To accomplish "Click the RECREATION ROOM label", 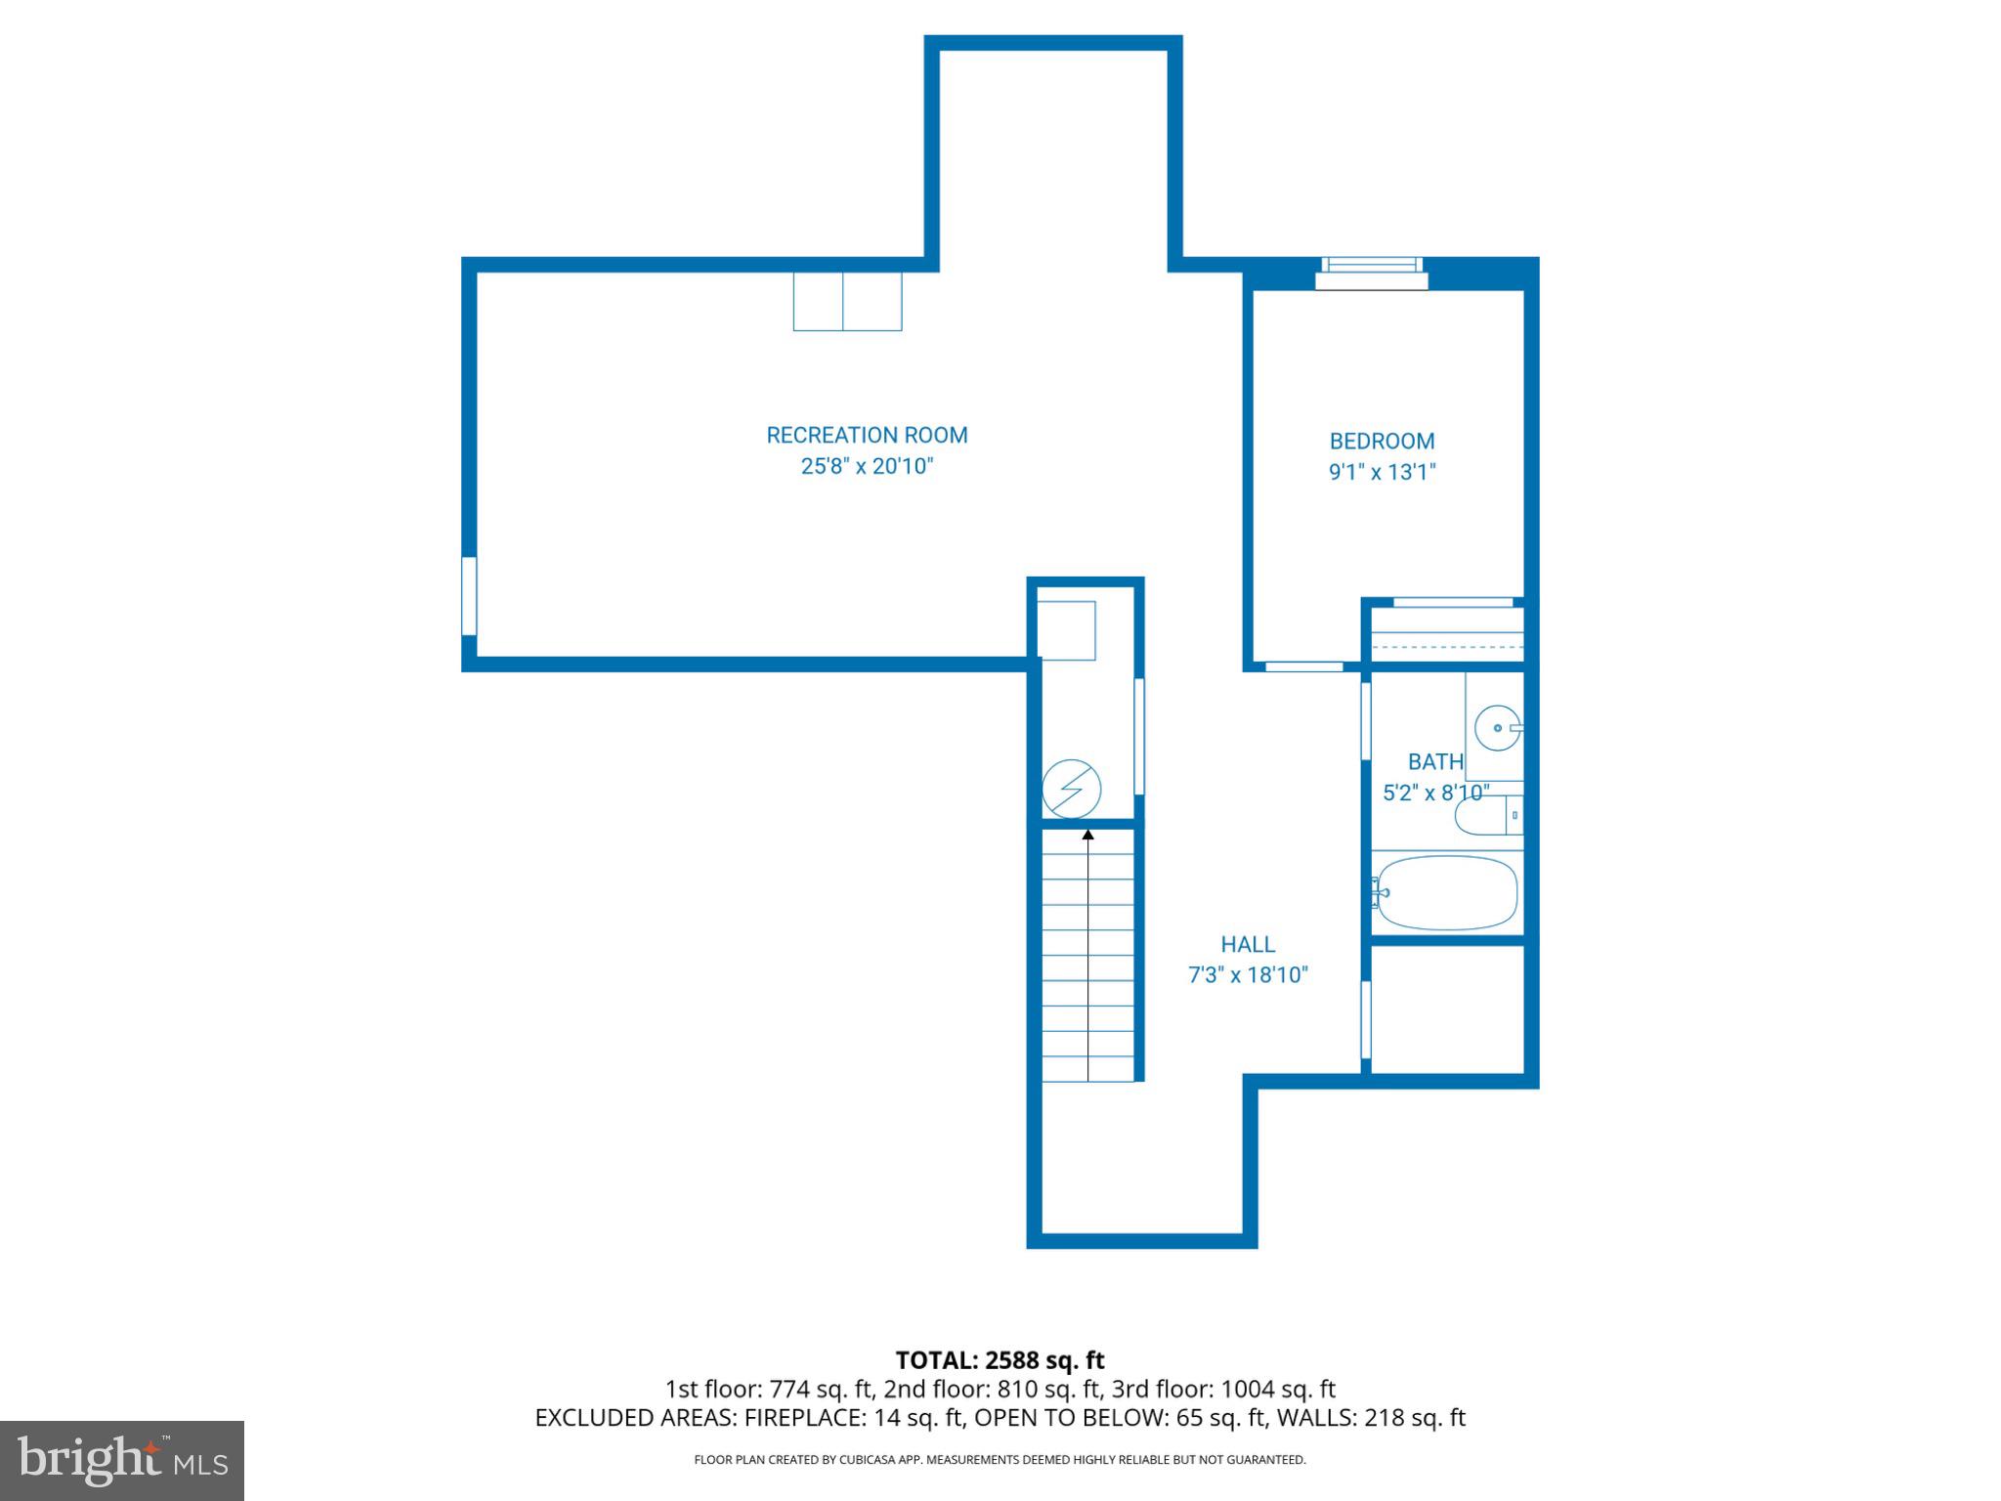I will pyautogui.click(x=867, y=435).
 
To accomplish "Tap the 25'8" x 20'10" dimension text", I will pyautogui.click(x=867, y=466).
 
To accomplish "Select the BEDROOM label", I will pyautogui.click(x=1382, y=441).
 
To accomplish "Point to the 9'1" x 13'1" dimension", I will pyautogui.click(x=1382, y=472).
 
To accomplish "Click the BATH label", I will pyautogui.click(x=1435, y=761).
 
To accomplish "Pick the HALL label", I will pyautogui.click(x=1248, y=944).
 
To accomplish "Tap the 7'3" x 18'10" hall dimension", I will pyautogui.click(x=1248, y=975).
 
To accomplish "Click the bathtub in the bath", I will pyautogui.click(x=1446, y=892).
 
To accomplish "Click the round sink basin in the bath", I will pyautogui.click(x=1497, y=728).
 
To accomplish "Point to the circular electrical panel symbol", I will pyautogui.click(x=1071, y=789).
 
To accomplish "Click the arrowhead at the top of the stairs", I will pyautogui.click(x=1087, y=834).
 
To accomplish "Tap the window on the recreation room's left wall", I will pyautogui.click(x=469, y=595).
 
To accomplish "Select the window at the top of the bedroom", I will pyautogui.click(x=1371, y=273).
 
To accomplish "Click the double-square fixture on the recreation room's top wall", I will pyautogui.click(x=847, y=301).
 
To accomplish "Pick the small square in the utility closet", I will pyautogui.click(x=1066, y=630).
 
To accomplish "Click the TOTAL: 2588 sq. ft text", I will pyautogui.click(x=1000, y=1360).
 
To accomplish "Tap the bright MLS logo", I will pyautogui.click(x=122, y=1460).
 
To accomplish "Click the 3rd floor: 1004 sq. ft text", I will pyautogui.click(x=1223, y=1389).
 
